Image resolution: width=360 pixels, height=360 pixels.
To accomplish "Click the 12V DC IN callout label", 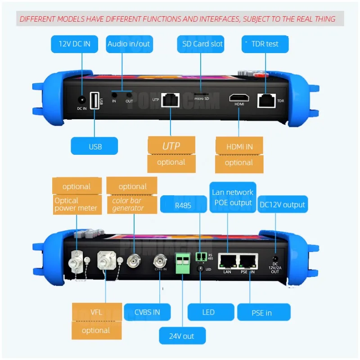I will click(75, 44).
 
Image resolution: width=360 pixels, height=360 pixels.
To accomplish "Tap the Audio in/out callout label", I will click(129, 44).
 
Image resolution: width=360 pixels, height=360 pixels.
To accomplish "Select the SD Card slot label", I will click(202, 44).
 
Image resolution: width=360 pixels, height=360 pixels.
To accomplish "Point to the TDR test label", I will click(265, 44).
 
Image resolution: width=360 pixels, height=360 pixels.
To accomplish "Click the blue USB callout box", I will click(95, 146).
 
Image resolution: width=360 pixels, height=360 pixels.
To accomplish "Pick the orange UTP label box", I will click(171, 146).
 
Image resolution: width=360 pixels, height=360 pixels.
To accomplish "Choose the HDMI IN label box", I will click(239, 147).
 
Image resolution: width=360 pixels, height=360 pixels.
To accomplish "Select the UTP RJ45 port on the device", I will click(171, 99).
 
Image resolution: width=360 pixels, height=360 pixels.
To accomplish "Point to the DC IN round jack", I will click(81, 100).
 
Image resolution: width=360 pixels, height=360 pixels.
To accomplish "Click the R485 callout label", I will click(183, 204).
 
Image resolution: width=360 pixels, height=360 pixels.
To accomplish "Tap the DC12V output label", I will click(283, 205).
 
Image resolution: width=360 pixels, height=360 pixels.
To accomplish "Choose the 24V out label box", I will click(182, 335).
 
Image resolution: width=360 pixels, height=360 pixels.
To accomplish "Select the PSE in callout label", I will click(261, 313).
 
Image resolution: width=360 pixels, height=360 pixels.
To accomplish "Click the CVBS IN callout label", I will click(147, 312).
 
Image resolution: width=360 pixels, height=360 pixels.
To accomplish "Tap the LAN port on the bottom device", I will click(227, 261).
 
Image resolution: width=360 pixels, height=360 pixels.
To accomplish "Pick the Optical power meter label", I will click(76, 204).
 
